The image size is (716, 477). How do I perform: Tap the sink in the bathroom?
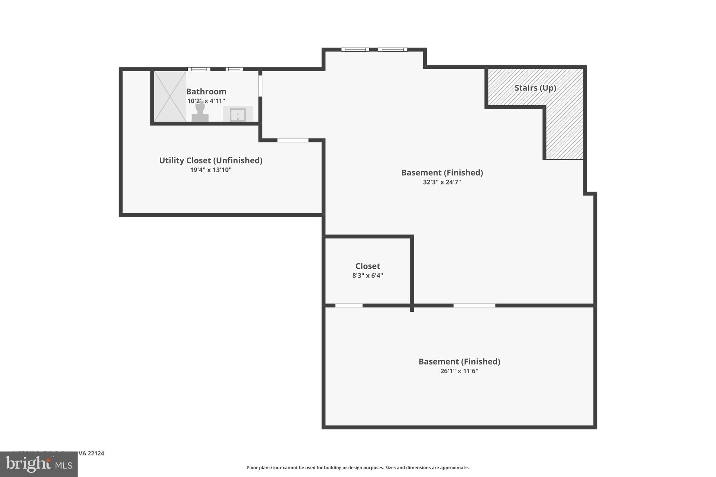238,114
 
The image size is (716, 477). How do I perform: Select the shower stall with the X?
170,96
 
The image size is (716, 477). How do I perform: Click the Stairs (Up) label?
535,88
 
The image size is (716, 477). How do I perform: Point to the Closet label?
367,266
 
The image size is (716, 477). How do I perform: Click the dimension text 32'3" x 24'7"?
442,182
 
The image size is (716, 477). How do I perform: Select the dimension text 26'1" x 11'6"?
459,371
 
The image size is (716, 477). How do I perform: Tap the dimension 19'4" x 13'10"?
210,170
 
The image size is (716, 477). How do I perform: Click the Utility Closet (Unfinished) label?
210,160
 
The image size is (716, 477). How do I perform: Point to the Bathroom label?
206,92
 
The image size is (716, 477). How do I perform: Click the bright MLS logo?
39,464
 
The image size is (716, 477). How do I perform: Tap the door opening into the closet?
349,305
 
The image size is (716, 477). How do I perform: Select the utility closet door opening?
293,140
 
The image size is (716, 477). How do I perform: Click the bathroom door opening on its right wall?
260,86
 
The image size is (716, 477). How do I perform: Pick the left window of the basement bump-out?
355,50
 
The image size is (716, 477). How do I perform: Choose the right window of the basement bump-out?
393,50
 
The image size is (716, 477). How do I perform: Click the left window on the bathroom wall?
199,69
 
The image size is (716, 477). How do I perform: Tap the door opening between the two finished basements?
474,305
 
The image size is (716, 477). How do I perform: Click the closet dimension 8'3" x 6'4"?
367,275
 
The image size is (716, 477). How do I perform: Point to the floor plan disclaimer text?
358,468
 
